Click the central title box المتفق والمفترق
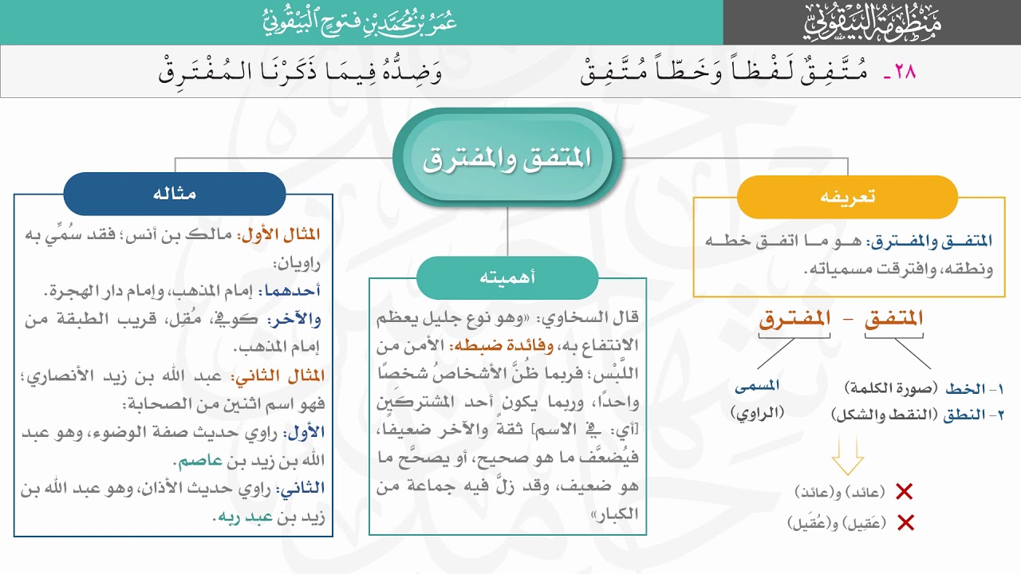tap(507, 157)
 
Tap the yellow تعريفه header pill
tap(847, 197)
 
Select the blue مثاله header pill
tap(175, 194)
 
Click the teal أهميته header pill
tap(507, 277)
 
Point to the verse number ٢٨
tap(900, 72)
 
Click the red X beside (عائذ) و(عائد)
tap(905, 492)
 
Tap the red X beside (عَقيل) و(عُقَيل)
tap(905, 523)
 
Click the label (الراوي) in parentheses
tap(758, 412)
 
